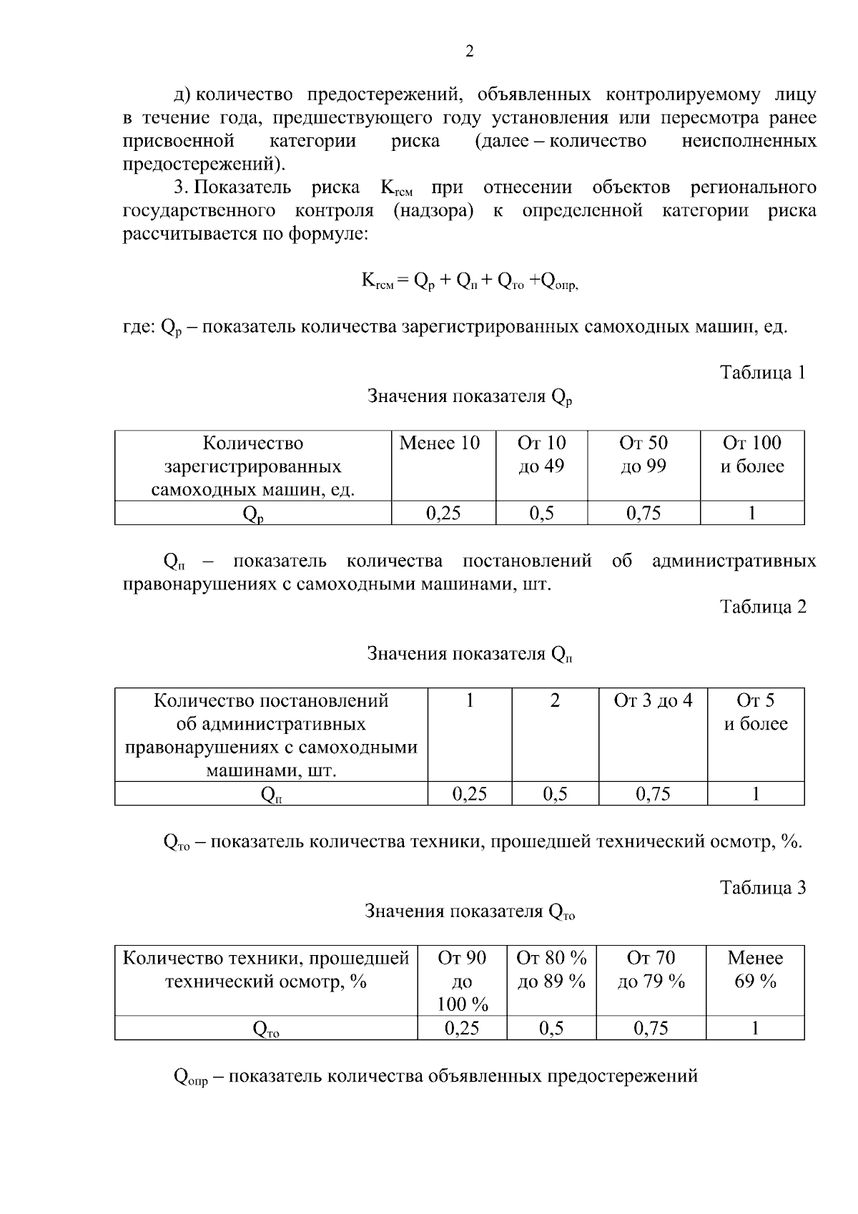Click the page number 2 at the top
[469, 51]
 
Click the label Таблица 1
[762, 373]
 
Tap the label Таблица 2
[762, 607]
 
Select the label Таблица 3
[762, 888]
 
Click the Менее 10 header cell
[439, 443]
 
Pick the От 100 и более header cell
[752, 455]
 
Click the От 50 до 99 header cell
[643, 455]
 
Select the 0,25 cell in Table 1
[443, 513]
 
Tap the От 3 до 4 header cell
[653, 700]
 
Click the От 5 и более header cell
[756, 713]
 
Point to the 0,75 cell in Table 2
[653, 793]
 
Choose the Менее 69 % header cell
[755, 969]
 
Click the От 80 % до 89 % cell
[551, 969]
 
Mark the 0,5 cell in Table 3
[551, 1028]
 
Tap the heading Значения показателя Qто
[470, 911]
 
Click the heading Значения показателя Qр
[470, 396]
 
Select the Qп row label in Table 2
[271, 793]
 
